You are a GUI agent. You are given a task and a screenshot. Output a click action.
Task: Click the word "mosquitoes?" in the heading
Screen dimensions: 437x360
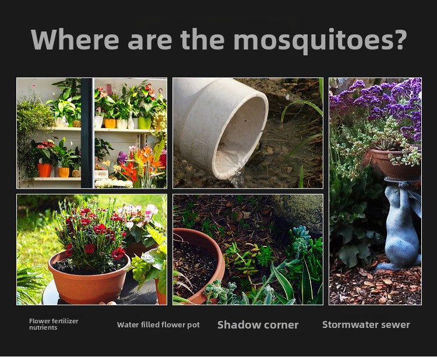[x=320, y=40]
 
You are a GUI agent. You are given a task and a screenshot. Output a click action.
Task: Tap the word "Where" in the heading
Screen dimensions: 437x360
[x=75, y=39]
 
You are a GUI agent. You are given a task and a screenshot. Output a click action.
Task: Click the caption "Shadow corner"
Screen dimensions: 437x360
[x=258, y=325]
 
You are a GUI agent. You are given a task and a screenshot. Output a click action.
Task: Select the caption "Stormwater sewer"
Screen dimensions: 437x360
[x=366, y=324]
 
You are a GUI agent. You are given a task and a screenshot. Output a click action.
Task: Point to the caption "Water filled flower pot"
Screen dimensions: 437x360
[x=158, y=325]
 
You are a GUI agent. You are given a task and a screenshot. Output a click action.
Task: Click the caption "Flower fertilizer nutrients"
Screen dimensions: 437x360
[x=54, y=324]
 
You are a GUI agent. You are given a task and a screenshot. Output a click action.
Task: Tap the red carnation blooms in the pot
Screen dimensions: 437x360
[x=92, y=231]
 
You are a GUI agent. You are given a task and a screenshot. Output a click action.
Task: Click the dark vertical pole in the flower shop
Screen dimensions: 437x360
[x=87, y=133]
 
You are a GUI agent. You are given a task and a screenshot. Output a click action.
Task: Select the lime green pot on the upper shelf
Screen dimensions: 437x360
[x=145, y=123]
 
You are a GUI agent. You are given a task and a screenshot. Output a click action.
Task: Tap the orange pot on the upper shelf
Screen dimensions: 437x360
[x=110, y=123]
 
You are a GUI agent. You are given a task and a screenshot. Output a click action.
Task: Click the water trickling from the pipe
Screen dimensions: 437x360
[x=236, y=178]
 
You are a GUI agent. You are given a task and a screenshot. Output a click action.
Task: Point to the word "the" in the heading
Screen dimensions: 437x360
[x=202, y=39]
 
